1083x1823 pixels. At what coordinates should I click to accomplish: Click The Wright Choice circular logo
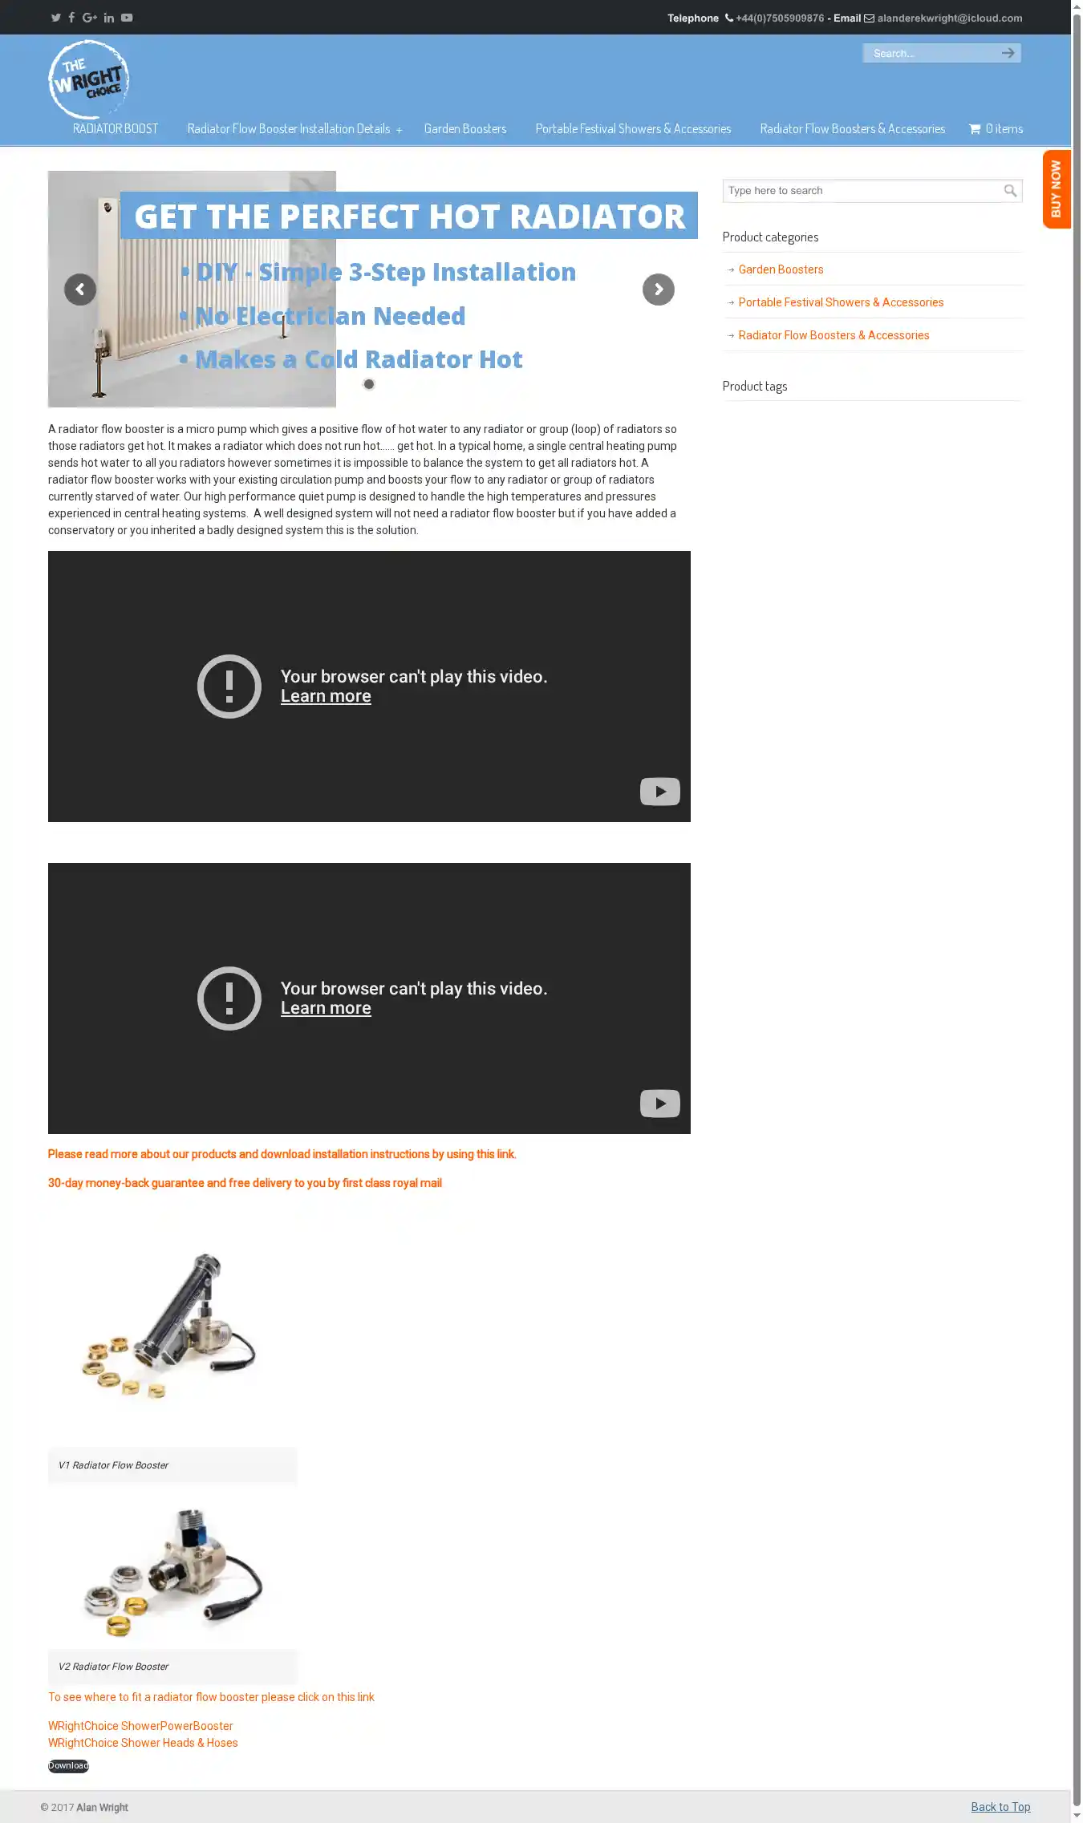(88, 79)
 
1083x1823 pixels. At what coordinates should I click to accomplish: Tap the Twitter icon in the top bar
(56, 18)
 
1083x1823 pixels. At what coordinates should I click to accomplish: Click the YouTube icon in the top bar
(127, 18)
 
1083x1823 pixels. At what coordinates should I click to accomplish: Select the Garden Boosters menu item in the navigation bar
(465, 129)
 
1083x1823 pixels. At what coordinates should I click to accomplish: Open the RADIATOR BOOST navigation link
(116, 129)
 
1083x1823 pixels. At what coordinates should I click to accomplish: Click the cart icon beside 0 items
(975, 129)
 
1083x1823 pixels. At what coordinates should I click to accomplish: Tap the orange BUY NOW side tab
(1057, 189)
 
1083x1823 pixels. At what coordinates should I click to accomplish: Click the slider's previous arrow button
(80, 290)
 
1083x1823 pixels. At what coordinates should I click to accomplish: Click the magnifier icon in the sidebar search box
(1011, 191)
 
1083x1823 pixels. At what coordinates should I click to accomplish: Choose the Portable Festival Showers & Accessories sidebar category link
(841, 302)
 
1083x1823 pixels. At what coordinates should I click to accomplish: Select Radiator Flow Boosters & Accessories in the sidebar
(834, 335)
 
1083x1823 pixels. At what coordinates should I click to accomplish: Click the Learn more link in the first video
(326, 696)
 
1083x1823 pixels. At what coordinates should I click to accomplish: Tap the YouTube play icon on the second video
(660, 1104)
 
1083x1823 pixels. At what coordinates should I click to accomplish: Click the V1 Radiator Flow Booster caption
(113, 1465)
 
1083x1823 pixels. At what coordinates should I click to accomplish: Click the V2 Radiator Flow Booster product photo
(172, 1572)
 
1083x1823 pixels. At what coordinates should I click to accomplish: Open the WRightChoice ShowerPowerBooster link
(140, 1726)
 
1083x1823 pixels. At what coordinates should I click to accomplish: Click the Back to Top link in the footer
(1000, 1807)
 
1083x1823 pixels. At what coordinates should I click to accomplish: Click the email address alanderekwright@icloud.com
(950, 18)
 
